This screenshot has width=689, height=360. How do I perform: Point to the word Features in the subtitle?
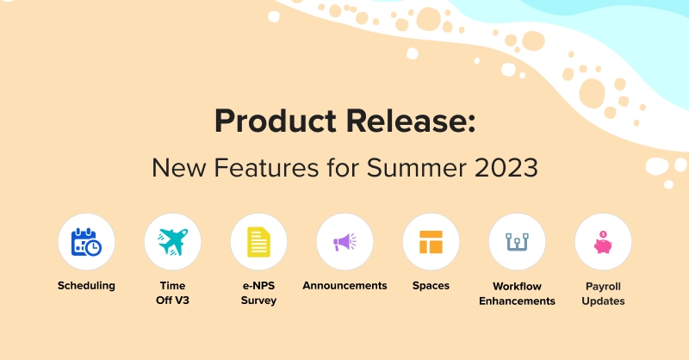tap(271, 167)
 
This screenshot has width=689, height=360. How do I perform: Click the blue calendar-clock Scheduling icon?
tap(86, 242)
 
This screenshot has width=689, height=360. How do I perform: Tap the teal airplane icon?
tap(172, 242)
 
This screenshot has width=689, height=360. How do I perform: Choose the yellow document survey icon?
tap(258, 242)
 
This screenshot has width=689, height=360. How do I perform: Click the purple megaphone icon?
tap(344, 242)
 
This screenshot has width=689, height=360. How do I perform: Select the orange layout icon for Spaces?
tap(431, 242)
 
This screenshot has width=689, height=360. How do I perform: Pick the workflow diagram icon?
tap(517, 242)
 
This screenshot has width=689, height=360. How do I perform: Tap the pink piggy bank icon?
tap(603, 242)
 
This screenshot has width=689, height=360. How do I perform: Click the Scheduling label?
tap(86, 286)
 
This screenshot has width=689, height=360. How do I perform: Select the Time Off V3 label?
tap(172, 293)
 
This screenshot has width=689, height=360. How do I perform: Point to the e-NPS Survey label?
tap(258, 293)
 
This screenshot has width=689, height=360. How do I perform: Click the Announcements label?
tap(344, 286)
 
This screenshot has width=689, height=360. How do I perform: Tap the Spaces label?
tap(431, 286)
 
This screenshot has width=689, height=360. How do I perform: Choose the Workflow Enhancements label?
tap(517, 293)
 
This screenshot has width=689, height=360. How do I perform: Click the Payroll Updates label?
tap(603, 293)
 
